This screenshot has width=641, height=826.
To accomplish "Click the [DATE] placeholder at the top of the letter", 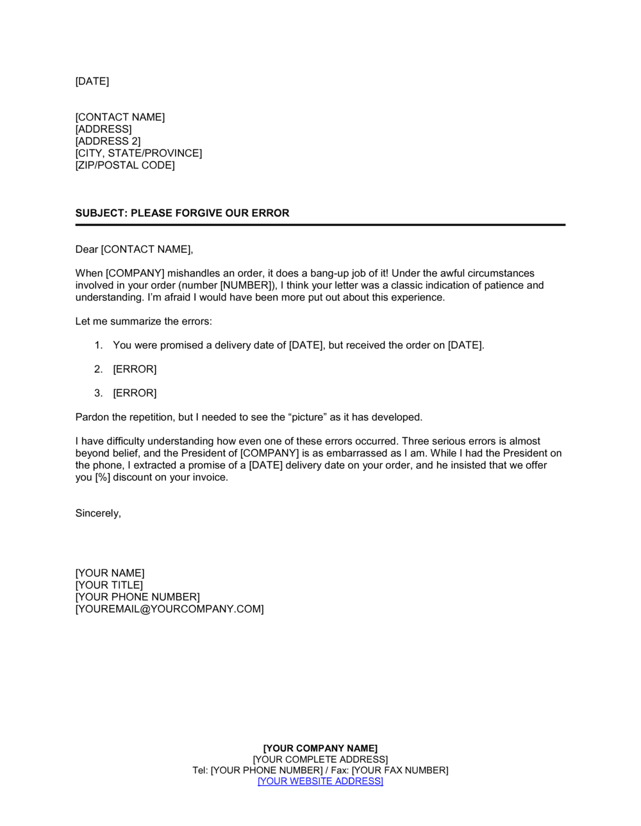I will [x=92, y=81].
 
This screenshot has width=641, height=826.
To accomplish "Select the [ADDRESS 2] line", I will [x=108, y=142].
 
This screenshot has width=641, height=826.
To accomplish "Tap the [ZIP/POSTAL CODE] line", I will [x=125, y=165].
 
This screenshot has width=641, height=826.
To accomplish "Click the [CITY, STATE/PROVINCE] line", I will [x=138, y=154].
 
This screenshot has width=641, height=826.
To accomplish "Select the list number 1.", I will [x=98, y=345].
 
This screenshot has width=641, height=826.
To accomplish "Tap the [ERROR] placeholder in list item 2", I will [x=135, y=369].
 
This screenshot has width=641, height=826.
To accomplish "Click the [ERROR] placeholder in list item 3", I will [x=135, y=393].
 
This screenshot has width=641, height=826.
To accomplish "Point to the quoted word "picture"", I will [x=308, y=417].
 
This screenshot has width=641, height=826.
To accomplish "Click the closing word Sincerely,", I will [x=98, y=514].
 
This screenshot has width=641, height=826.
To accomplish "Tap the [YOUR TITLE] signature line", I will [x=109, y=585].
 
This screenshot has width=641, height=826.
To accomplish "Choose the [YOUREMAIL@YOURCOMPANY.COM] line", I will [x=170, y=609].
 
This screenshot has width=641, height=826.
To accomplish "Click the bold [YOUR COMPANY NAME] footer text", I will [x=320, y=749].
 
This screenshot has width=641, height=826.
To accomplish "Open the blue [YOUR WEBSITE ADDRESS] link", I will [x=320, y=781].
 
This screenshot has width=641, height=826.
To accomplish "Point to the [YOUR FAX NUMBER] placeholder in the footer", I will [x=400, y=770].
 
